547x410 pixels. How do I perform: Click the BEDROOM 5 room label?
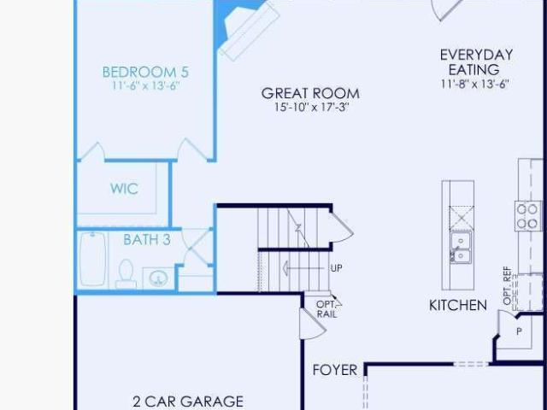click(x=145, y=72)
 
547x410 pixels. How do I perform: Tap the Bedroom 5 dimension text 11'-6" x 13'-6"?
click(x=146, y=85)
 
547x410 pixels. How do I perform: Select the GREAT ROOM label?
click(x=310, y=93)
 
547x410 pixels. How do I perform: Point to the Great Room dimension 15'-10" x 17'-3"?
click(x=311, y=107)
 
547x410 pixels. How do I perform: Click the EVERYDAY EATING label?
click(x=476, y=62)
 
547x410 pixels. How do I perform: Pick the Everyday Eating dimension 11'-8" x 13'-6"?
click(x=475, y=84)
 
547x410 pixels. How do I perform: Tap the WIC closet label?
click(x=124, y=189)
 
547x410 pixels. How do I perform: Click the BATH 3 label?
click(x=147, y=239)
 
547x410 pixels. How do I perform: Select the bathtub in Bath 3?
click(x=93, y=259)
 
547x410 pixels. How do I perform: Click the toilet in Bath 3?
click(x=126, y=274)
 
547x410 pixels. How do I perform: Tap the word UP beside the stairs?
click(x=336, y=268)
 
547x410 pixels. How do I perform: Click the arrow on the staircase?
click(x=303, y=268)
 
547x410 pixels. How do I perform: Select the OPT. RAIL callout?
click(x=326, y=309)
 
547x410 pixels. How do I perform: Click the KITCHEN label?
click(x=458, y=306)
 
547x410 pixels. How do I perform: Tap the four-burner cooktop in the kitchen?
click(x=526, y=216)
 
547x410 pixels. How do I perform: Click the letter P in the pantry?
click(x=519, y=331)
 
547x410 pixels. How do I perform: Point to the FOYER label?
click(x=335, y=370)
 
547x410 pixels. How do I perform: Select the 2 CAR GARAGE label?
click(x=188, y=401)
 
